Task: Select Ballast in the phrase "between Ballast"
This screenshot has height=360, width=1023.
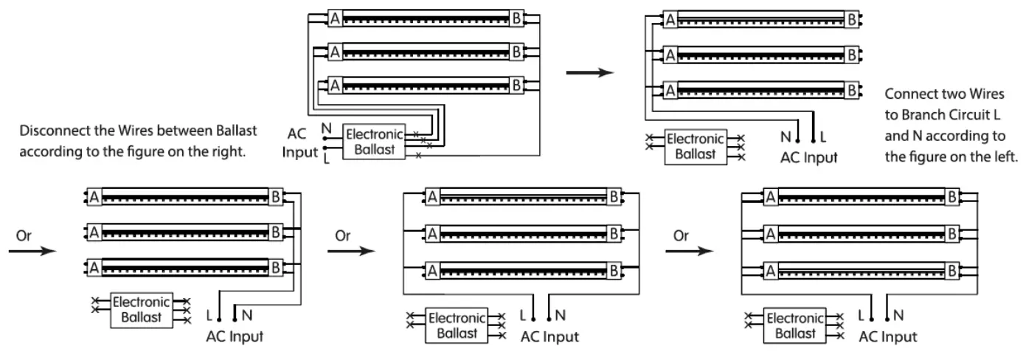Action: point(237,131)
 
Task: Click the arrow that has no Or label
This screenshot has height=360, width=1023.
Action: point(589,72)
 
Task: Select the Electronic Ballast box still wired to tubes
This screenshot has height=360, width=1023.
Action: point(374,142)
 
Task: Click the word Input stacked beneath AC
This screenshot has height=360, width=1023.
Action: point(299,152)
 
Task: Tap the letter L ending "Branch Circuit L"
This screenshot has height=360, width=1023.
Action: point(996,114)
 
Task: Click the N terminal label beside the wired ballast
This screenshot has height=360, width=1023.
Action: point(326,128)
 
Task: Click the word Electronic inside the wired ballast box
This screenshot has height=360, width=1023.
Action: point(375,134)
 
